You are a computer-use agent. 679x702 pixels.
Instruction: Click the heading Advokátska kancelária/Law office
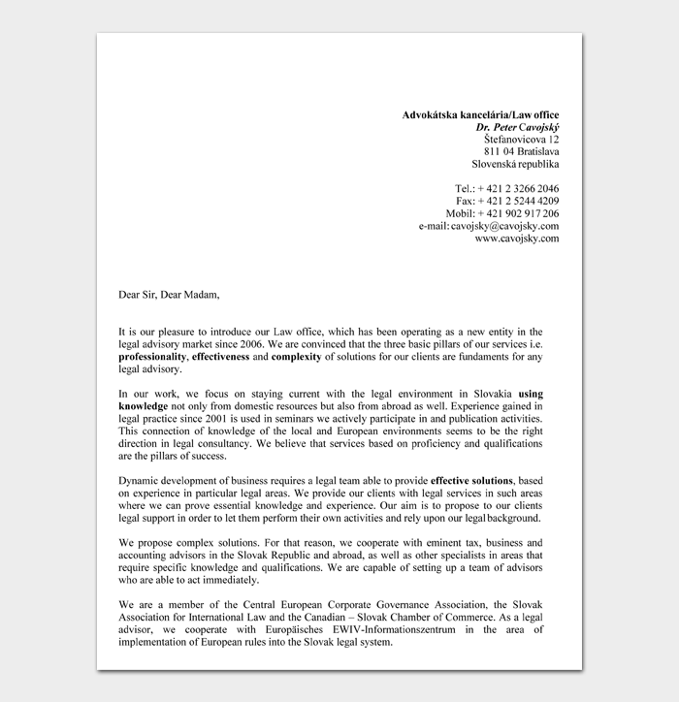(x=480, y=115)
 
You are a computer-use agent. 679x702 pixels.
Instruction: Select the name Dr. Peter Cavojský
(x=517, y=128)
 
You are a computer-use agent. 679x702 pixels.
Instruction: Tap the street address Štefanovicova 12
(x=521, y=140)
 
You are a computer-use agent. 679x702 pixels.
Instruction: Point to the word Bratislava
(x=538, y=151)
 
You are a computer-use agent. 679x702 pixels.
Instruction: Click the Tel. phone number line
(x=506, y=188)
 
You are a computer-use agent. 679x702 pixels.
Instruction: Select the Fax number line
(x=507, y=201)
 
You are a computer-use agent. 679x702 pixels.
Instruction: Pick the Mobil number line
(x=501, y=213)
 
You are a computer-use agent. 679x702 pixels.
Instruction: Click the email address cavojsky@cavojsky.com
(x=504, y=225)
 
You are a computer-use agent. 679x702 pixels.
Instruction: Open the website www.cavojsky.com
(x=516, y=238)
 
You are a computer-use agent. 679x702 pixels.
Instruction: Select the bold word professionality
(x=152, y=356)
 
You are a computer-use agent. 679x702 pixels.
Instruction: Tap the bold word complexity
(x=297, y=356)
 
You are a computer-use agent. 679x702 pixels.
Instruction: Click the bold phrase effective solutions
(x=471, y=480)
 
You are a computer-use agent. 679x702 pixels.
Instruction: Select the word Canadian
(x=361, y=617)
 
